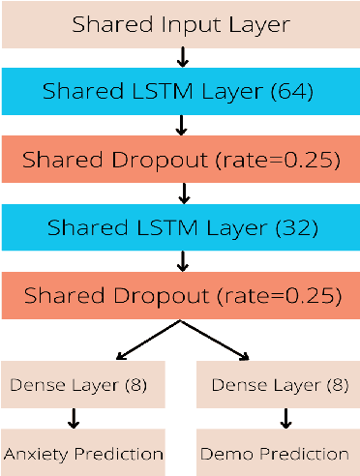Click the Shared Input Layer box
[179, 24]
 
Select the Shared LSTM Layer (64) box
[179, 92]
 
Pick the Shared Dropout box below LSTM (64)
[179, 160]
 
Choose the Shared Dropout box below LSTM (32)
[179, 295]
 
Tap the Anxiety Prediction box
[82, 453]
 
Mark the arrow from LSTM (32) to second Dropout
[180, 261]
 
